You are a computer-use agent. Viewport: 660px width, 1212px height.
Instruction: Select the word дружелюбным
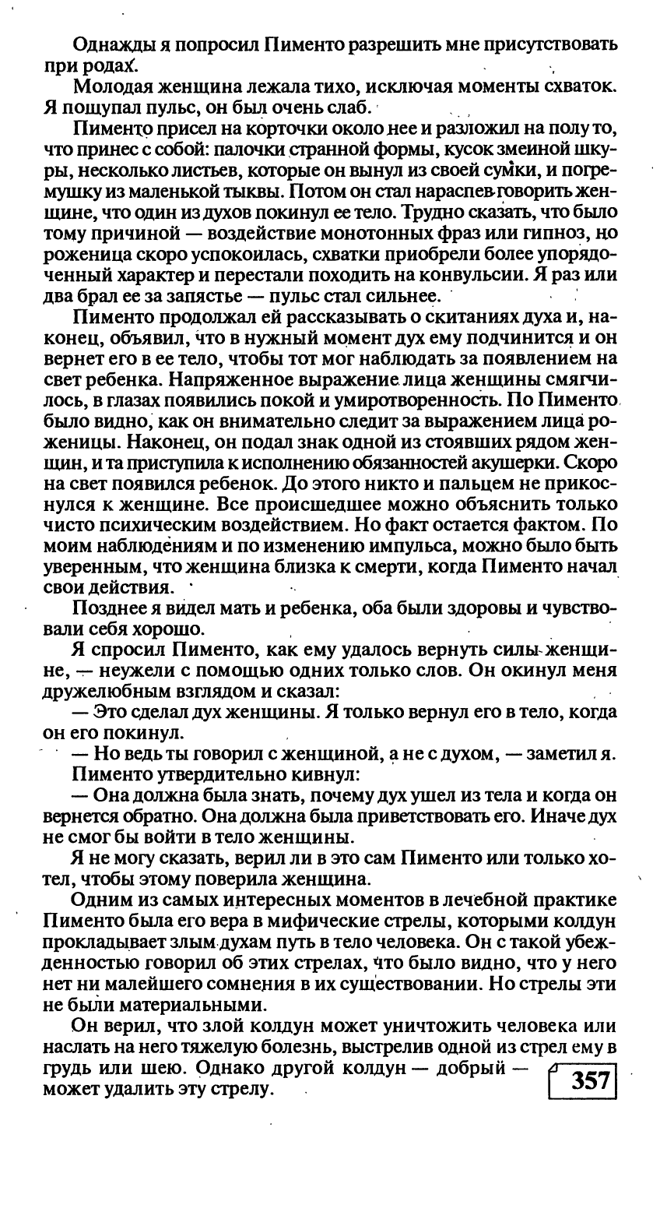114,691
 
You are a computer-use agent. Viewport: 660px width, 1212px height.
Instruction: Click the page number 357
589,1082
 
